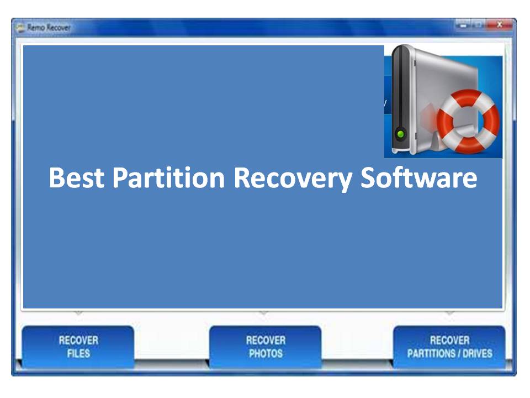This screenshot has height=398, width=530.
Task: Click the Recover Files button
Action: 78,347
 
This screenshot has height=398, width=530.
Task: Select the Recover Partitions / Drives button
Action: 449,347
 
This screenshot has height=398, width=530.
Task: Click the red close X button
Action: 499,25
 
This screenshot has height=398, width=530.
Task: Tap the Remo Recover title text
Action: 49,28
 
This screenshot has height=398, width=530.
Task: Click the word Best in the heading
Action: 76,177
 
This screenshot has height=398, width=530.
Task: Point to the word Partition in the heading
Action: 168,177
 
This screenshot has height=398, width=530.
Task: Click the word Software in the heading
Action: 419,177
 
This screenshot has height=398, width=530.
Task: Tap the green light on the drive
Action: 401,134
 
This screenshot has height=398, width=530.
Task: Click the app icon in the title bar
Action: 21,28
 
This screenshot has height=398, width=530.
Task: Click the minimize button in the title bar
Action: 463,25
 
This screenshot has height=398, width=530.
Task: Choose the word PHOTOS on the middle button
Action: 266,353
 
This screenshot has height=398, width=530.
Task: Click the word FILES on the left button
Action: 78,353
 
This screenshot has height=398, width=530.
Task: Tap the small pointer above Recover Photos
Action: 264,313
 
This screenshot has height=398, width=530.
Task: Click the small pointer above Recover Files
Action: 78,313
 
